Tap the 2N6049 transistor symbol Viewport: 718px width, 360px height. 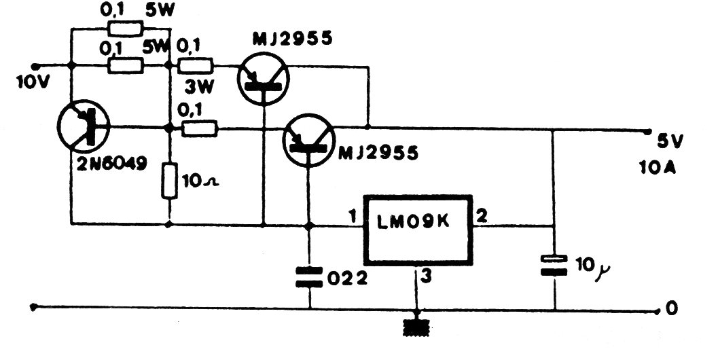[85, 127]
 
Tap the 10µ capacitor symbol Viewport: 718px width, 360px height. [554, 264]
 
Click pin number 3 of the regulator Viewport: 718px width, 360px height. [426, 276]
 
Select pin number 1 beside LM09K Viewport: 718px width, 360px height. [352, 217]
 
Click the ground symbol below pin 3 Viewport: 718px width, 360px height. [415, 327]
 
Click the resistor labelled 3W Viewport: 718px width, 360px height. [196, 66]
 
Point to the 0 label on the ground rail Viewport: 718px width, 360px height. [671, 309]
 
